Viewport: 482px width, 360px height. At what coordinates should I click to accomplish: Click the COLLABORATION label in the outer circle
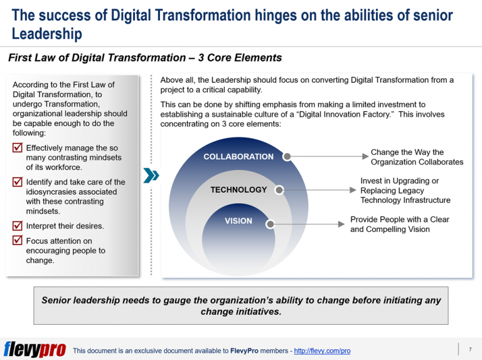tap(238, 157)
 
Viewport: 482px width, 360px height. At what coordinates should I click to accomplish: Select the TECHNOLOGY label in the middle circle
tap(238, 189)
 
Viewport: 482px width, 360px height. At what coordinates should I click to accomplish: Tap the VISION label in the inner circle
tap(238, 221)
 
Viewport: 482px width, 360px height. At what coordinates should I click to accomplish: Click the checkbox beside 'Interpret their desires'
tap(18, 226)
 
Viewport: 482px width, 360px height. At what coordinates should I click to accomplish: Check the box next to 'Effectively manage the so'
tap(18, 149)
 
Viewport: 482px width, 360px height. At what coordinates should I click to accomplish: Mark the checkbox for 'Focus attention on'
tap(18, 241)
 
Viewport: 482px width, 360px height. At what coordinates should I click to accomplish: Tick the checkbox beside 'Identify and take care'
tap(18, 183)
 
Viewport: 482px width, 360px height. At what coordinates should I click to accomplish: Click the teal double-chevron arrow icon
tap(151, 175)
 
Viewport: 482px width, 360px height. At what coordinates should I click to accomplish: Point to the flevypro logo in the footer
tap(35, 349)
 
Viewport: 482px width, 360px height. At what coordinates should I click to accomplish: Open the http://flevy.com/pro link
tap(322, 351)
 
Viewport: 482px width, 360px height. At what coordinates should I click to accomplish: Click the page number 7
tap(469, 349)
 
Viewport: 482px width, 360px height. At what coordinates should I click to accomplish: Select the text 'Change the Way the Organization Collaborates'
tap(417, 157)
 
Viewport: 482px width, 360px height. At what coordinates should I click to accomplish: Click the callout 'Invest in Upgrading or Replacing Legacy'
tap(405, 190)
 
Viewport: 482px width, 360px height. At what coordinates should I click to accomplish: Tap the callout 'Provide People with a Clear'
tap(399, 225)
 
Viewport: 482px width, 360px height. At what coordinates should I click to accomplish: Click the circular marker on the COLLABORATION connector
tap(287, 157)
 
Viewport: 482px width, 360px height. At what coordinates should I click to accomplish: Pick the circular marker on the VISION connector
tap(270, 223)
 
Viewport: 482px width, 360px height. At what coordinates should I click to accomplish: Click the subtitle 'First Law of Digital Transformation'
tap(100, 58)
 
